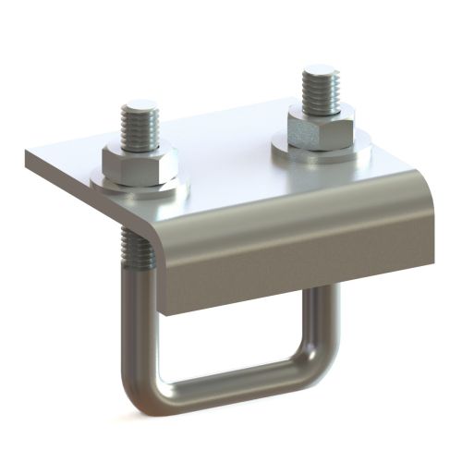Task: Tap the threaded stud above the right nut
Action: click(x=320, y=88)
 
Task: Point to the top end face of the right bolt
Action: click(x=320, y=70)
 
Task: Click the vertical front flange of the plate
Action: click(x=296, y=263)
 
